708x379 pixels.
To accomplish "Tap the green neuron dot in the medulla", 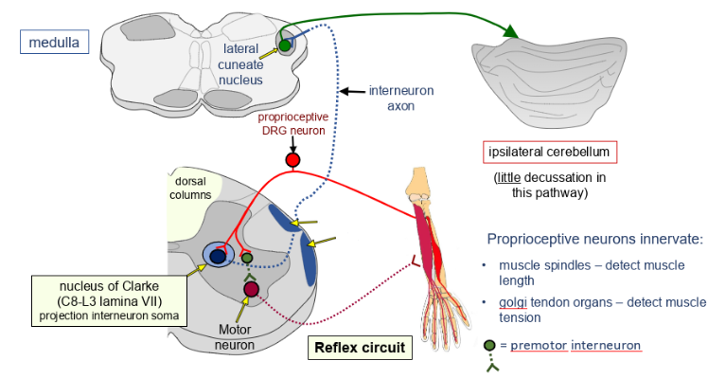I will point(284,45).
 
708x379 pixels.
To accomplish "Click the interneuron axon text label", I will point(401,99).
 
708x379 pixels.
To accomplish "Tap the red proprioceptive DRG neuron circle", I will point(292,160).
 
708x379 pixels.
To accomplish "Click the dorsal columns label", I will point(191,188).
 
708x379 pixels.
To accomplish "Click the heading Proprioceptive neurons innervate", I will point(594,239).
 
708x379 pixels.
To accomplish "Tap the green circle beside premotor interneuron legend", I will point(489,345).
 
